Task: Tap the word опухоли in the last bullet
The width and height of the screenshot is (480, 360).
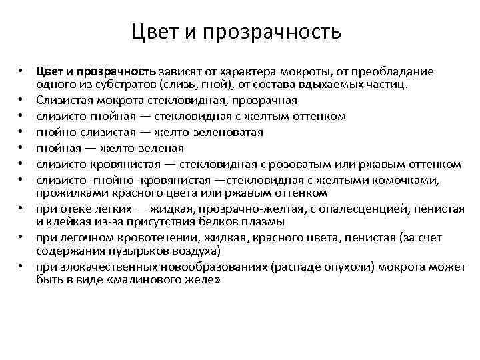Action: click(345, 267)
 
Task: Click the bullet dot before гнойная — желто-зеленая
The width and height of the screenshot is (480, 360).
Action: click(21, 148)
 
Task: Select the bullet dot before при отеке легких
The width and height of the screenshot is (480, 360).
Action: click(21, 209)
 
